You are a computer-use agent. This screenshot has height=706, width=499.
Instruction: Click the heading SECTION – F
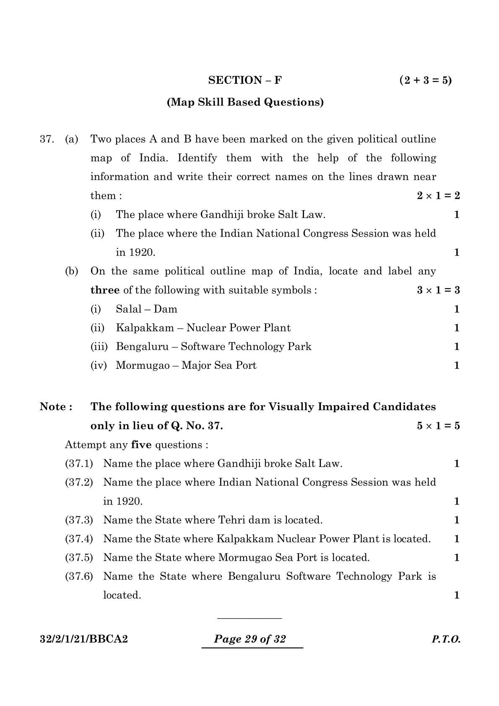coord(245,80)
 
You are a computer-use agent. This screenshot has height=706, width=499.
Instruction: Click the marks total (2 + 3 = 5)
coord(425,80)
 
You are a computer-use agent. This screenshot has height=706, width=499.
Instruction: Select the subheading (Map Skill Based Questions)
coord(245,102)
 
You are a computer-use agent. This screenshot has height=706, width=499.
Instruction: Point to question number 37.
coord(46,139)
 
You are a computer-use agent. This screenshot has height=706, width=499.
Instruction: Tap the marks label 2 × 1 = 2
coord(438,195)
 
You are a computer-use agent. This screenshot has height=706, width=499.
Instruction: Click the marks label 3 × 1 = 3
coord(438,290)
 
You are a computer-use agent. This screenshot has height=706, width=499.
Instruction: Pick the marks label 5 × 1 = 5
coord(438,426)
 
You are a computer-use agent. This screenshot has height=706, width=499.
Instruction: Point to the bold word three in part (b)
coord(105,290)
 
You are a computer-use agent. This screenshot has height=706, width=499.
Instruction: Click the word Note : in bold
coord(56,407)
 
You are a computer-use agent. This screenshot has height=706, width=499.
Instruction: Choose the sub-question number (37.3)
coord(79,520)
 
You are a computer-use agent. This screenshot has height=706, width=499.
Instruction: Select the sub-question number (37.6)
coord(79,576)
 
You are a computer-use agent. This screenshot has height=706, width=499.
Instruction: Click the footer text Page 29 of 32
coord(250,639)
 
